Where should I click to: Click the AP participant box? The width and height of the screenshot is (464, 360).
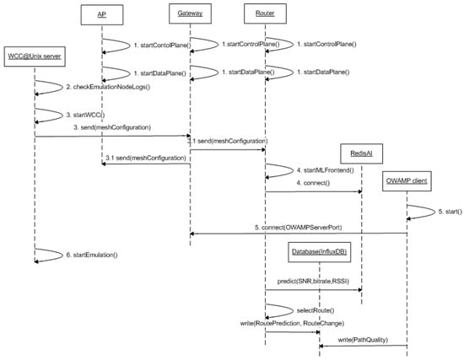click(x=102, y=14)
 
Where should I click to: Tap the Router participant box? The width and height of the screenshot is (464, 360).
click(x=265, y=14)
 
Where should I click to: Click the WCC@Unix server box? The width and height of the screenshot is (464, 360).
click(x=36, y=56)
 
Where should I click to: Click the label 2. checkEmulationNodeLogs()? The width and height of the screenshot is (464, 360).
click(x=107, y=87)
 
